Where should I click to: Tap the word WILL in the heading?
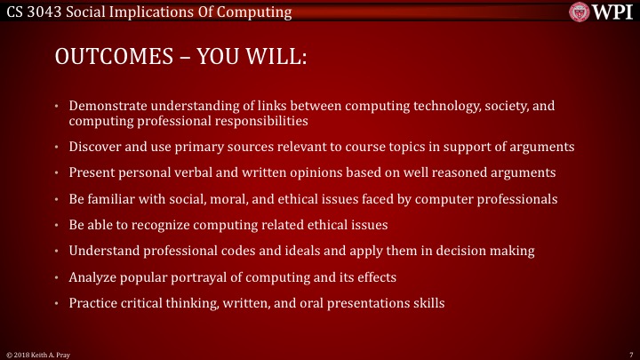pyautogui.click(x=273, y=58)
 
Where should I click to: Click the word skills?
pyautogui.click(x=427, y=303)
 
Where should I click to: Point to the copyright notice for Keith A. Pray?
pyautogui.click(x=36, y=353)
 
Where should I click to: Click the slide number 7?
pyautogui.click(x=629, y=353)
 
